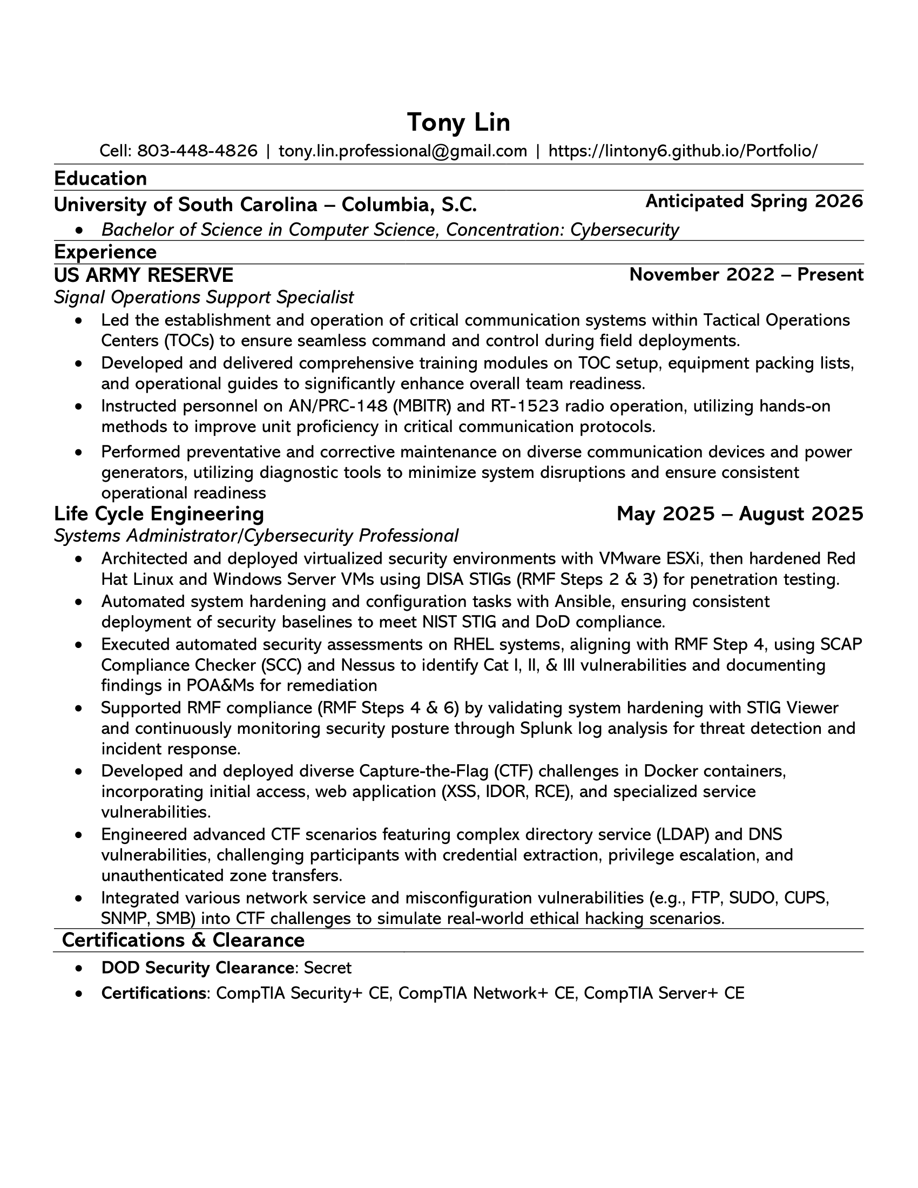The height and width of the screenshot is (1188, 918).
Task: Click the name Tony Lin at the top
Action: pos(458,123)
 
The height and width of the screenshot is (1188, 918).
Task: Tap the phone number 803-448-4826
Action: pos(197,151)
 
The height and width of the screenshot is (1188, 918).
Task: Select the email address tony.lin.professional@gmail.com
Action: pos(402,151)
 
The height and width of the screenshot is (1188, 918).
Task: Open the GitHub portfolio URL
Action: pos(683,151)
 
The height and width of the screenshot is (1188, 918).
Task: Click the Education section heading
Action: pos(100,178)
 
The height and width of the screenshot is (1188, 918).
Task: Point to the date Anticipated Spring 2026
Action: pos(754,201)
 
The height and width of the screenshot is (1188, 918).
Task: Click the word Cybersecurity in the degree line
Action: pos(624,230)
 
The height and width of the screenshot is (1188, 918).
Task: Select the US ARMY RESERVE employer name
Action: pos(144,275)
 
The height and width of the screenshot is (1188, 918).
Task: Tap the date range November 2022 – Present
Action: pos(746,275)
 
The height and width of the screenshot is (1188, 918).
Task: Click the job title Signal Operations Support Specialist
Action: pos(204,297)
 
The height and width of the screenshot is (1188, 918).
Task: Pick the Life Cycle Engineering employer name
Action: pos(159,514)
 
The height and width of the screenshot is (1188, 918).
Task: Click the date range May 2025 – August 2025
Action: pos(740,514)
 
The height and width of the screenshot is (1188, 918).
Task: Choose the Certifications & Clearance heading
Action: pos(183,940)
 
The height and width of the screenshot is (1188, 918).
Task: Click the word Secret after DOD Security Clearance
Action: pos(327,968)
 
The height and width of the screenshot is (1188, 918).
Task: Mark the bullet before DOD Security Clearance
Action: pos(79,968)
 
